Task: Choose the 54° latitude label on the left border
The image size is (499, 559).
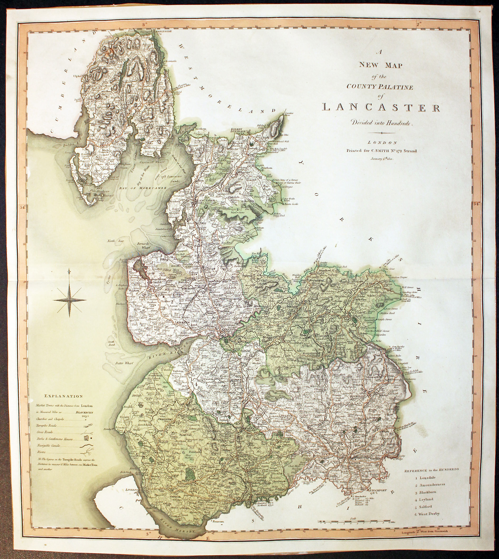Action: tap(22, 208)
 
